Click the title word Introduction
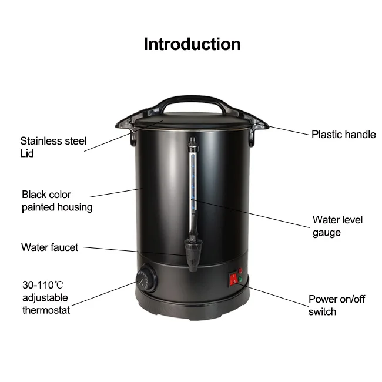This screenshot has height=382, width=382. (192, 44)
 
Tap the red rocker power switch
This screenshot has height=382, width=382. (234, 278)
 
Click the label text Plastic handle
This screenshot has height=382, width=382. (343, 135)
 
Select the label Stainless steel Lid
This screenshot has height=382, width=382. (53, 147)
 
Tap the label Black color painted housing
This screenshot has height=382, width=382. (56, 200)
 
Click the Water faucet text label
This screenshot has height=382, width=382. (49, 247)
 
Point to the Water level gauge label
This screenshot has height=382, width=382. (337, 226)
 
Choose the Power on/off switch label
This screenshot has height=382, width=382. (336, 305)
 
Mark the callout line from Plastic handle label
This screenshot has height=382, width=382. (288, 130)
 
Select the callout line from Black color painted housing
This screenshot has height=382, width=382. (115, 193)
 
